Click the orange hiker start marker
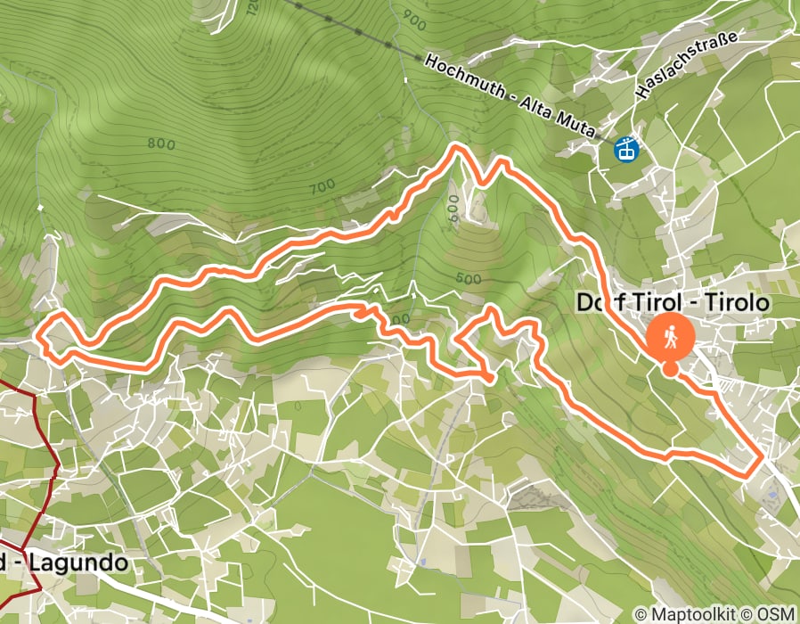[x=670, y=339]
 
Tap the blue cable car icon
[x=628, y=149]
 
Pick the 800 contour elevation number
[x=160, y=143]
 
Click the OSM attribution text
[x=776, y=614]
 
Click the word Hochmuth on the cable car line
[x=465, y=78]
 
